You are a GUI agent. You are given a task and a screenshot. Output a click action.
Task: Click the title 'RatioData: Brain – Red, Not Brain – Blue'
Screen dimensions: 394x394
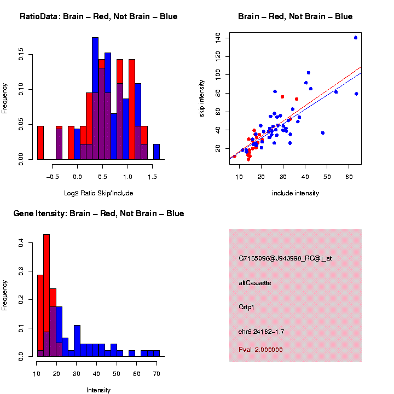99,16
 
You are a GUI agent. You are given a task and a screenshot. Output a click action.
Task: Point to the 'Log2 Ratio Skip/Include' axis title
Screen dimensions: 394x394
99,193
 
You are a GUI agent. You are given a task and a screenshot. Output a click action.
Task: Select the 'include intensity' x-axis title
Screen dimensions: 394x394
296,193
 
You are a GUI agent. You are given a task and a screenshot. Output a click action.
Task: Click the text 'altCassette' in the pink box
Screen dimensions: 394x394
255,283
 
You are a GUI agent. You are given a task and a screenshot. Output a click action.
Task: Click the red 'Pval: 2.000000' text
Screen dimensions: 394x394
260,349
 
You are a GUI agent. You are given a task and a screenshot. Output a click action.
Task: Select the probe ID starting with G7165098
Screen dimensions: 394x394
285,258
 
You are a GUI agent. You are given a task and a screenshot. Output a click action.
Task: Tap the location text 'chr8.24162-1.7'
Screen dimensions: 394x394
261,332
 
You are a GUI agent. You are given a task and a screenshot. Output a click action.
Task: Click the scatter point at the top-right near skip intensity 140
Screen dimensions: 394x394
356,38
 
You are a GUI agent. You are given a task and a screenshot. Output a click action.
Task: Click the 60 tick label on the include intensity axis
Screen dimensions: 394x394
349,177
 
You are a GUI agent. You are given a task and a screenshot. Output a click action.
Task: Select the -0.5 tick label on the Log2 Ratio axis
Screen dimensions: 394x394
53,177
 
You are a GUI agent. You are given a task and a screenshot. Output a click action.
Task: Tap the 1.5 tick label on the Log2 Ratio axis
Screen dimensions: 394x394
152,177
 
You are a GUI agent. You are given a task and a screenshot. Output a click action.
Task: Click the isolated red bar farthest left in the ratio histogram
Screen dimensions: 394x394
40,143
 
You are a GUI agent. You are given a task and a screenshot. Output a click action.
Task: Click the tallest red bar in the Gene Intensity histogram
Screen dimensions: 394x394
47,274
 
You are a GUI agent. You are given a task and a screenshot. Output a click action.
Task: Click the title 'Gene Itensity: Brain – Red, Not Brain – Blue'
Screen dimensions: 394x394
99,213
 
